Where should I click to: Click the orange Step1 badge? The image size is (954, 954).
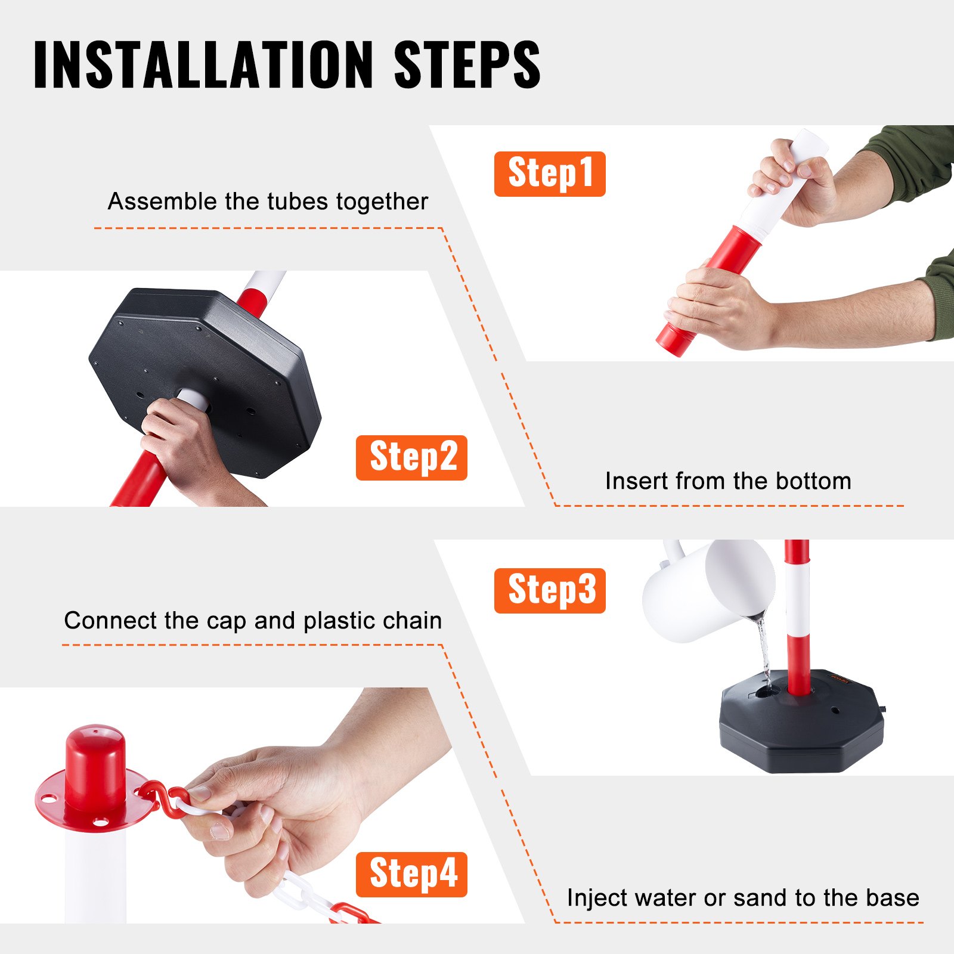click(x=549, y=174)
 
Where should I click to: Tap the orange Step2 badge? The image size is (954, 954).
click(x=411, y=457)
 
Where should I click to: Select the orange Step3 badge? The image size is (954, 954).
click(x=549, y=590)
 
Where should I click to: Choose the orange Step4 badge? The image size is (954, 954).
click(x=411, y=874)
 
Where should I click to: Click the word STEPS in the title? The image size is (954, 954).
click(x=467, y=65)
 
